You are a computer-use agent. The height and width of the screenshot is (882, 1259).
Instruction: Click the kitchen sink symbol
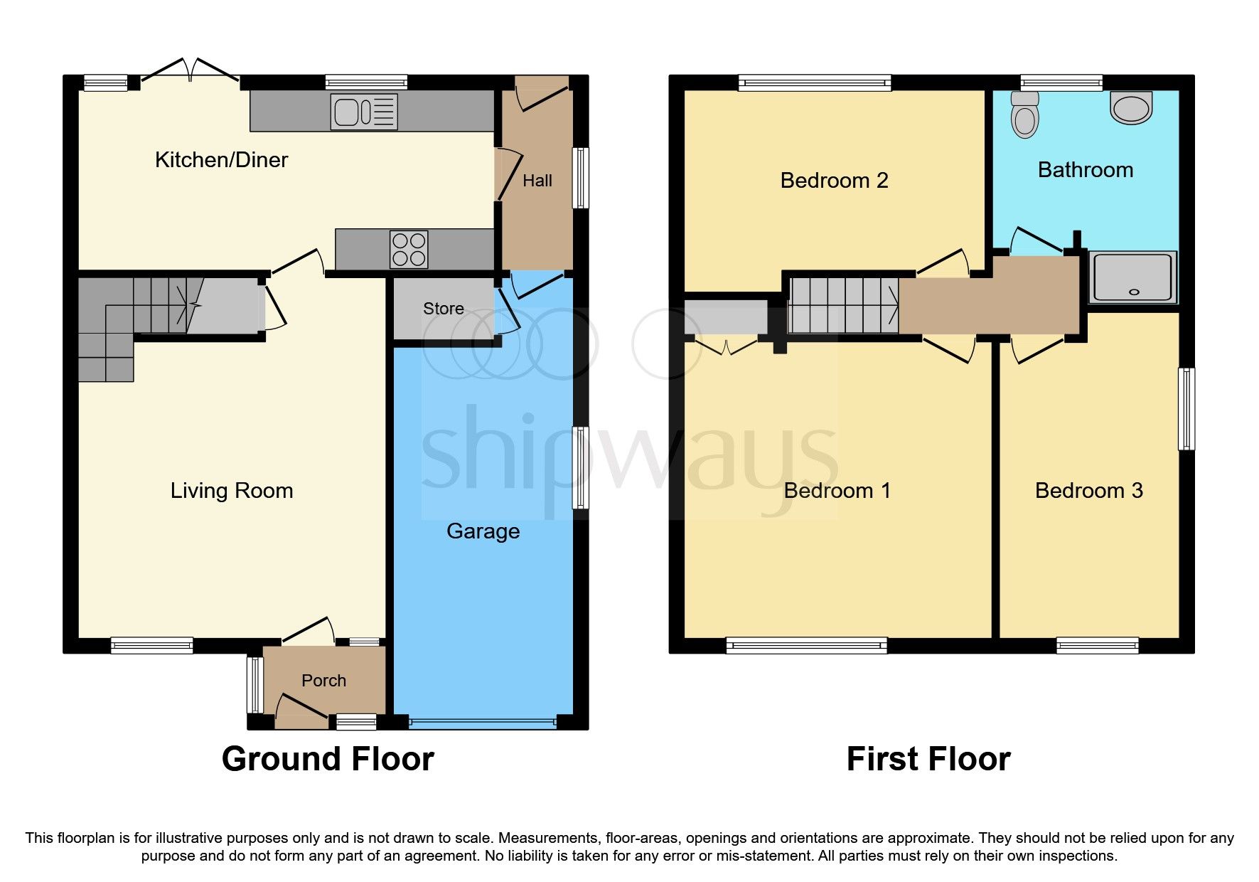click(364, 112)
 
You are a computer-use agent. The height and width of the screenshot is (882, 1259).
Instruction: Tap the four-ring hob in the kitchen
click(409, 250)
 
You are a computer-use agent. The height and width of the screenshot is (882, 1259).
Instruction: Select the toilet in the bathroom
click(1024, 115)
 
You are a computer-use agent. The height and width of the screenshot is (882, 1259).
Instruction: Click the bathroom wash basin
click(1130, 108)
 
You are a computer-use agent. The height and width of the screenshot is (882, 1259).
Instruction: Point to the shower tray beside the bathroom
click(1132, 277)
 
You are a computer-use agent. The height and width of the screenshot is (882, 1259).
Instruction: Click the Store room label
click(444, 309)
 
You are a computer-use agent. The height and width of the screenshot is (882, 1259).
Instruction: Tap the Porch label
click(323, 681)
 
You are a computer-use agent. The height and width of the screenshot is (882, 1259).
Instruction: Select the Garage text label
click(483, 531)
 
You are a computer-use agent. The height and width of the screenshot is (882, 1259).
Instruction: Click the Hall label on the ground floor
click(537, 181)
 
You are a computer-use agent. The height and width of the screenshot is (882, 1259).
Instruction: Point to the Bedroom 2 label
click(834, 181)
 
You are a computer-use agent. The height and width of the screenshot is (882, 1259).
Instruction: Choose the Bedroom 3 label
click(1088, 491)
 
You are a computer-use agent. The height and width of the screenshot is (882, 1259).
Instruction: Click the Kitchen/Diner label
click(221, 160)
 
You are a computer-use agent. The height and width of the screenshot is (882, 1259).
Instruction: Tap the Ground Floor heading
click(328, 759)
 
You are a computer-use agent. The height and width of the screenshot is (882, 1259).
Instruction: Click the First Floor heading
click(928, 759)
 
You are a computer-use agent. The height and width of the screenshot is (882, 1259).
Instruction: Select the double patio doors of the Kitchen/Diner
click(189, 71)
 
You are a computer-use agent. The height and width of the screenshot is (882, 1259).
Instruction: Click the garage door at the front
click(483, 723)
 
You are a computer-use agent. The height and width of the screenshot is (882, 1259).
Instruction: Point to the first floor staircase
click(844, 305)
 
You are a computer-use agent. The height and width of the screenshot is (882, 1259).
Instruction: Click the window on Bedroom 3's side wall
click(1186, 408)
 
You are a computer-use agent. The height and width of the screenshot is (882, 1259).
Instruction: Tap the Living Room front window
click(151, 646)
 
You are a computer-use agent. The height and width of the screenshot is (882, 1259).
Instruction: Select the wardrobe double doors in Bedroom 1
click(726, 348)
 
